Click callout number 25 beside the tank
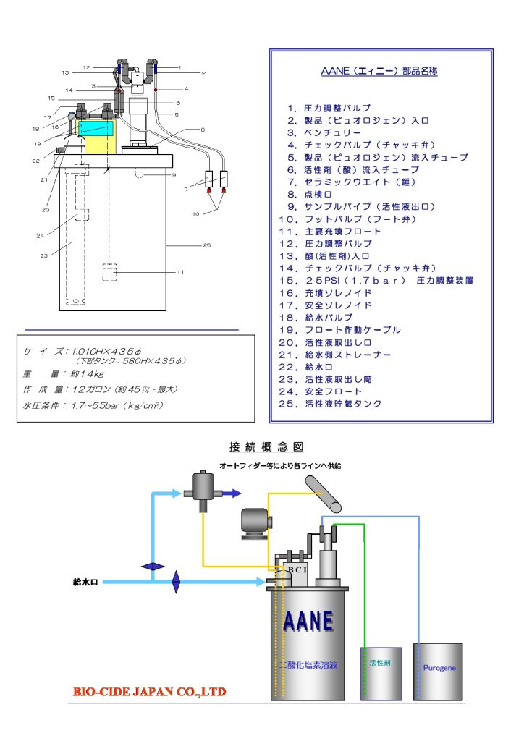207,246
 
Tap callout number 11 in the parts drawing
180,272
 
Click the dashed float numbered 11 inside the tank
109,274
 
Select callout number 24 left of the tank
41,236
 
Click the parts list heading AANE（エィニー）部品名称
379,72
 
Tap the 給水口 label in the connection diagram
85,581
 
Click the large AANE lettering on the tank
308,620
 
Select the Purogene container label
439,668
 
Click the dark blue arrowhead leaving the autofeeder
232,494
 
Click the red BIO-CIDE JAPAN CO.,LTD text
149,691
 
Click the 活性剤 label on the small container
380,662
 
